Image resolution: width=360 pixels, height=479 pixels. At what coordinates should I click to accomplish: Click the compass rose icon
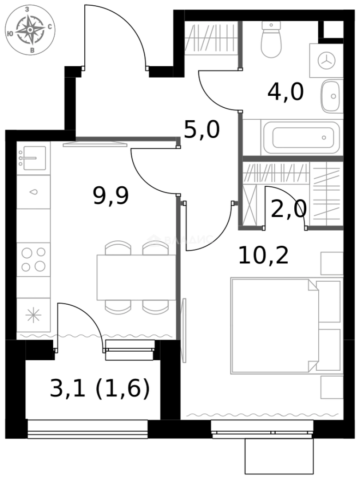click(30, 30)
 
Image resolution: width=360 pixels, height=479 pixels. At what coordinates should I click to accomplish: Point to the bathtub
click(302, 137)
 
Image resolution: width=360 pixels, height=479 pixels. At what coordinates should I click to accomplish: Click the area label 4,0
click(285, 93)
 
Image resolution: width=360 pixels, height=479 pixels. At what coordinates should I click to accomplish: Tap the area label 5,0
click(202, 130)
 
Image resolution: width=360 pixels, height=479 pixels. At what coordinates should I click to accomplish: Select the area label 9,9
click(111, 196)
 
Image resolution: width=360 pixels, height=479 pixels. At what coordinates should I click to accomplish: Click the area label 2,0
click(288, 209)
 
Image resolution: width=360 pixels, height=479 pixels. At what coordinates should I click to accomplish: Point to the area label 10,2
click(263, 256)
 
